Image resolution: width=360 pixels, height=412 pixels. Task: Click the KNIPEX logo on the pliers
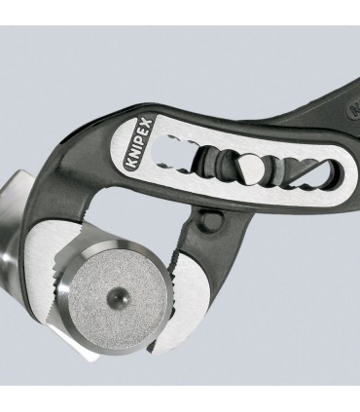pyautogui.click(x=137, y=145)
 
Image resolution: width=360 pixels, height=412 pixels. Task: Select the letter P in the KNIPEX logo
pyautogui.click(x=138, y=143)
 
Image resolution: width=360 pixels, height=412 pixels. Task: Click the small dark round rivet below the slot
pyautogui.click(x=209, y=217)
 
